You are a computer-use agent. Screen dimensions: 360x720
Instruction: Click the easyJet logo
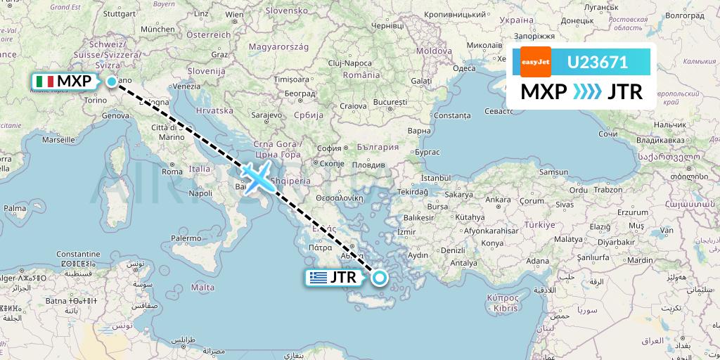(x=535, y=62)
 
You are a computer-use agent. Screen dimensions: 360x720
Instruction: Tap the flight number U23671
(x=598, y=62)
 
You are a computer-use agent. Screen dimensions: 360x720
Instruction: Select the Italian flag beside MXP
(x=44, y=82)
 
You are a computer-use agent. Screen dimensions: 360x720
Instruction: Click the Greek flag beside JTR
(x=319, y=278)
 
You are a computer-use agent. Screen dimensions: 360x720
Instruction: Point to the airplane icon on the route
(x=257, y=176)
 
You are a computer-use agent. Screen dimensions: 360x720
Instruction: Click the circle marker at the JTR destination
(x=380, y=277)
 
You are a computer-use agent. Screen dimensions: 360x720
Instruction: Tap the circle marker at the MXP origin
(x=112, y=82)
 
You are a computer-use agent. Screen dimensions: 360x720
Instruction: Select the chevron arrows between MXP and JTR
(x=588, y=92)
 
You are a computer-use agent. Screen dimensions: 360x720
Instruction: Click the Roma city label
(x=172, y=171)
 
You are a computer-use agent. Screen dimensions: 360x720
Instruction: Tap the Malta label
(x=202, y=287)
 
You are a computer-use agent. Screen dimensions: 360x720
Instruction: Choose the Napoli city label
(x=200, y=193)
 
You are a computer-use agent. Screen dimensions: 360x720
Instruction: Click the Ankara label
(x=498, y=199)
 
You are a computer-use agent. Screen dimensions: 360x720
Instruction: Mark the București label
(x=390, y=102)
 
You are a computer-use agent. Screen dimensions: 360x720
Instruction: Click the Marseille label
(x=58, y=139)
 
